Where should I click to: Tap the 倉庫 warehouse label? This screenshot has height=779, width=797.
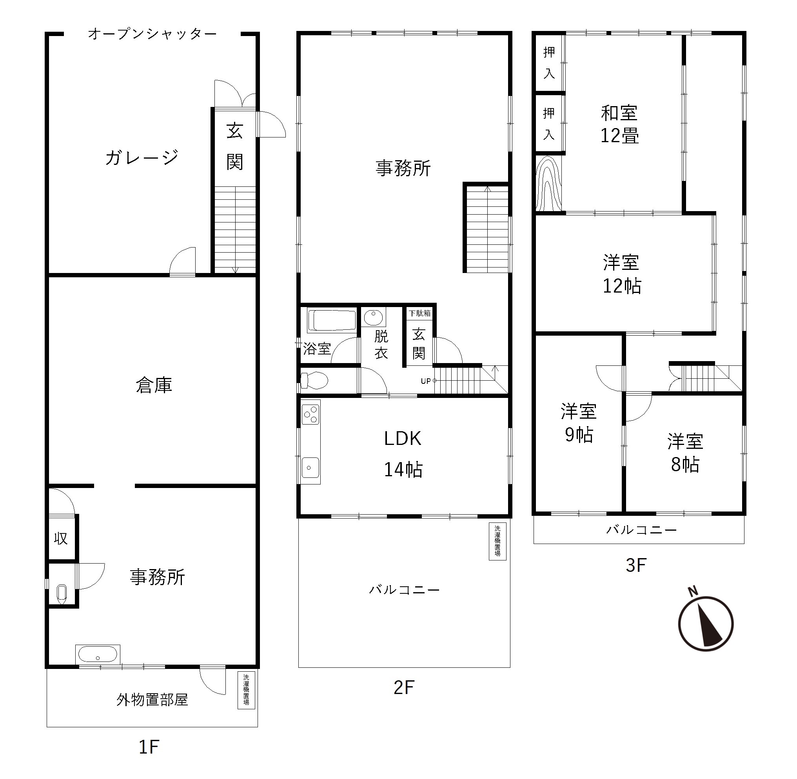point(154,385)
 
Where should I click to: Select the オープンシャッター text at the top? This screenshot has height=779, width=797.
point(152,34)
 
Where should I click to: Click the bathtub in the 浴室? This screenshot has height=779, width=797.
point(332,320)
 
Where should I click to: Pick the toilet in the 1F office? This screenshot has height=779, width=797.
point(62,594)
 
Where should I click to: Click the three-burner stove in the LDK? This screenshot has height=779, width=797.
point(311,414)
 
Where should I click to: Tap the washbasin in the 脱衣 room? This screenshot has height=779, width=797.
point(373,317)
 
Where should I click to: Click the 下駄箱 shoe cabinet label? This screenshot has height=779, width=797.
point(420,313)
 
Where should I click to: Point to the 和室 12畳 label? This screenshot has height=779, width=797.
point(619,125)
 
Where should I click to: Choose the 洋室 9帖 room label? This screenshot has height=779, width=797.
point(579,423)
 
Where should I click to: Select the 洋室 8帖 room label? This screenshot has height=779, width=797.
point(685,453)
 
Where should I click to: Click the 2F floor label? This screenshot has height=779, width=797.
point(404,687)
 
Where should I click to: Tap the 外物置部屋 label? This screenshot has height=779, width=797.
point(152,699)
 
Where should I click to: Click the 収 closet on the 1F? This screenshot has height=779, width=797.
point(61,539)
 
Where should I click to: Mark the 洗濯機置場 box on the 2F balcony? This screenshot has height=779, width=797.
point(497,541)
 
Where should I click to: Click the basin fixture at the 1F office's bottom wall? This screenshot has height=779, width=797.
point(98,654)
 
